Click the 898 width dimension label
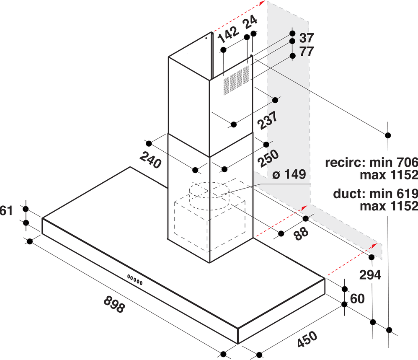[x=114, y=304]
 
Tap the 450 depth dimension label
[x=307, y=339]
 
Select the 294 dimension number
[x=370, y=275]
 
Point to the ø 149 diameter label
[x=289, y=174]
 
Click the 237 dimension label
[x=267, y=120]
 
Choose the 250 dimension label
[x=268, y=158]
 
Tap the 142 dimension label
[x=228, y=34]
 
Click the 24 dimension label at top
[x=250, y=22]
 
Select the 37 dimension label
[x=307, y=38]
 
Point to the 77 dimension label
[x=307, y=51]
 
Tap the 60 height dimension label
[x=357, y=299]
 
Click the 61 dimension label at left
[x=6, y=211]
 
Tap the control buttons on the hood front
[x=134, y=280]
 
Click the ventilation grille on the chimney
[x=236, y=80]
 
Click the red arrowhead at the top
[x=262, y=3]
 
